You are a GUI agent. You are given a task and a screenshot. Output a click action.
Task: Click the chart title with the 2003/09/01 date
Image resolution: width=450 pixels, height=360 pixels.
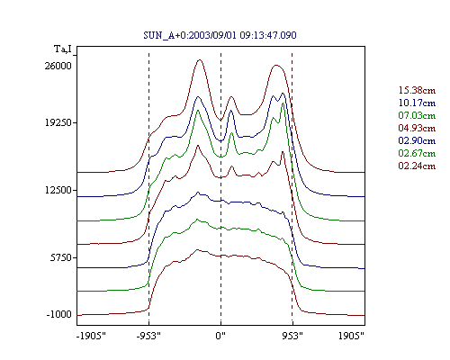(220, 35)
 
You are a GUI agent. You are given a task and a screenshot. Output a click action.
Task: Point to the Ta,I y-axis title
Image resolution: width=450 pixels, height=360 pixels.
(63, 49)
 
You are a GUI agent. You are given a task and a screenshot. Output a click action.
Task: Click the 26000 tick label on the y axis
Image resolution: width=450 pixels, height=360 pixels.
(58, 66)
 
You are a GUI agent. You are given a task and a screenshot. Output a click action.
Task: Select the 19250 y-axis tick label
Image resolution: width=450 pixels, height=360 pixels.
(58, 122)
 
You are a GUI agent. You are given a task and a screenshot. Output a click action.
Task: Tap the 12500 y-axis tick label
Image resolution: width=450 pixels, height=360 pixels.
(58, 190)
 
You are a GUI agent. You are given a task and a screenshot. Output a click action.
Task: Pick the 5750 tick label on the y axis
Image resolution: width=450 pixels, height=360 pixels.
(61, 257)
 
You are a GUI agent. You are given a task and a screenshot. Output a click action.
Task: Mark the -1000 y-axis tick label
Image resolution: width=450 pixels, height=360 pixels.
(59, 314)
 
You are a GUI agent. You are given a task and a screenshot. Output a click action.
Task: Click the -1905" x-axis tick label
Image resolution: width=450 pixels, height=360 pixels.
(91, 336)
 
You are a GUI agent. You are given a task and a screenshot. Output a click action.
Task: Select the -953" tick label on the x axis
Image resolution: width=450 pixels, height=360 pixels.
(148, 336)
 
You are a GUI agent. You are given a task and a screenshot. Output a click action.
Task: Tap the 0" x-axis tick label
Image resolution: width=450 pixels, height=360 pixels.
(220, 336)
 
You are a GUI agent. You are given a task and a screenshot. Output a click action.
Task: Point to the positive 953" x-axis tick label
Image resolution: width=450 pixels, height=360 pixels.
(292, 336)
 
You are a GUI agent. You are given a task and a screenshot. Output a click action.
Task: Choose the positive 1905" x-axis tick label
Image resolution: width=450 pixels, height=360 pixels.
(351, 336)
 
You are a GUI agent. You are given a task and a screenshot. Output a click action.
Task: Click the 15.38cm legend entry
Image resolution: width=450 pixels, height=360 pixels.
(417, 90)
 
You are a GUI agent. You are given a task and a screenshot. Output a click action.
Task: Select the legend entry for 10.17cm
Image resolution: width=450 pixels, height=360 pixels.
(417, 103)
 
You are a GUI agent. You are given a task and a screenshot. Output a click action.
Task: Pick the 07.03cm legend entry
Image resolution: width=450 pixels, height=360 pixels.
(417, 115)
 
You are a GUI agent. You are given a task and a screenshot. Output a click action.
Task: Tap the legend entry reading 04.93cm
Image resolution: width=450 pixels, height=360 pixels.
(417, 128)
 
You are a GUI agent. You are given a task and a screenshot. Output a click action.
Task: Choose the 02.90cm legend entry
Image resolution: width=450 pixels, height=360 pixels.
(417, 140)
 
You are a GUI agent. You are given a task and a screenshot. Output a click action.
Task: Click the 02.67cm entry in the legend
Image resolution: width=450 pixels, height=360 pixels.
(417, 153)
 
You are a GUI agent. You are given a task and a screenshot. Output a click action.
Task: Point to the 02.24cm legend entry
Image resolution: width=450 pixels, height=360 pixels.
(417, 166)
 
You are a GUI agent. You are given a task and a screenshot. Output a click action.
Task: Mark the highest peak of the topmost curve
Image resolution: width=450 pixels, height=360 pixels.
(200, 60)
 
